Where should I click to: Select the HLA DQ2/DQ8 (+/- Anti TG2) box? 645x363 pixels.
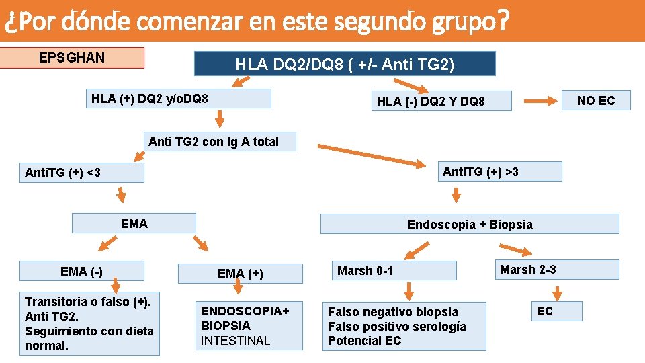344,64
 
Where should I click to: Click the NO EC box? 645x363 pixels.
596,101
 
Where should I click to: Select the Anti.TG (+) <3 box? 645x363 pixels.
82,173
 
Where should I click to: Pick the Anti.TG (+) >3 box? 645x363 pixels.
500,171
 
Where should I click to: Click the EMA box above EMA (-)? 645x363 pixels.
134,223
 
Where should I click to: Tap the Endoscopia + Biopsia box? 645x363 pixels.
469,224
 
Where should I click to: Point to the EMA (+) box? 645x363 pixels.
241,273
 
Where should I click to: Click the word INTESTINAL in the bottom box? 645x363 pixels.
235,340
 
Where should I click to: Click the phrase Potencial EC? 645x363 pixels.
364,340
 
